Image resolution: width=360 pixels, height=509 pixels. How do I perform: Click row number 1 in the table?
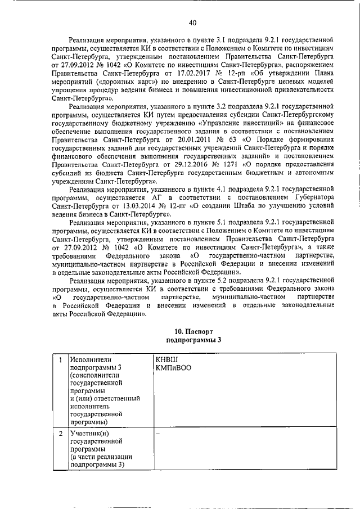click(x=60, y=359)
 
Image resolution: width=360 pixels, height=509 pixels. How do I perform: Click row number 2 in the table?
click(x=60, y=434)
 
